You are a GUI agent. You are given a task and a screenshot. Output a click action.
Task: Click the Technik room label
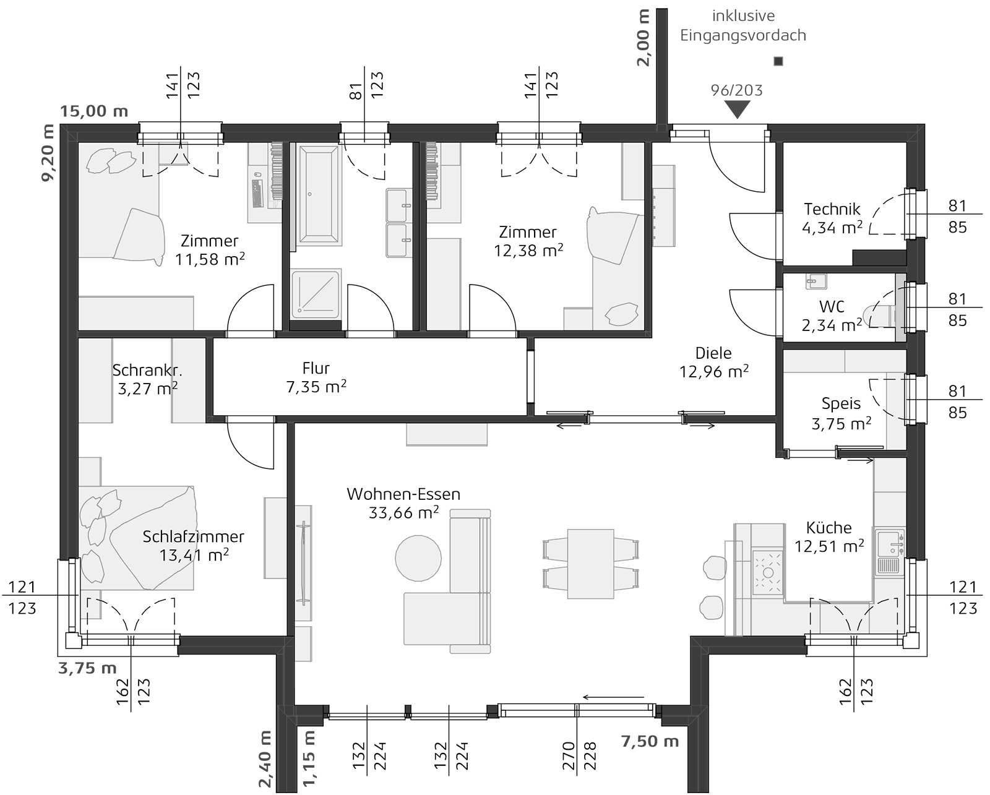832,209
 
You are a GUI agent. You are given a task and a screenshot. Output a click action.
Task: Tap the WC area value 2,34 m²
832,325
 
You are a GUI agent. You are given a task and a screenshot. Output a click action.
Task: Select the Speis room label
841,403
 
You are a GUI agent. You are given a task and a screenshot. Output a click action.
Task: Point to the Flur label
316,368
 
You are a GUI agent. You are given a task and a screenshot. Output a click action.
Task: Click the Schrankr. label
147,370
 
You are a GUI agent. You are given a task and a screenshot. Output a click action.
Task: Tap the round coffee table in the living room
418,557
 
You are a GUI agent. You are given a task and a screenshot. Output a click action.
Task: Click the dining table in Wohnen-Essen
590,564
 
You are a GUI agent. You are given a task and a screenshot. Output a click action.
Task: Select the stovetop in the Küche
767,572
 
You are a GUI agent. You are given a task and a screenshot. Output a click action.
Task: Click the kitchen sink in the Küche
890,552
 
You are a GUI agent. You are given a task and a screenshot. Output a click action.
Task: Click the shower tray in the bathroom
316,294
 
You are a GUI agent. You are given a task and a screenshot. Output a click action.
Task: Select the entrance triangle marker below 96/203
737,110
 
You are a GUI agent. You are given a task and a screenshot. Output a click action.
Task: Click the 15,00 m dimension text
94,111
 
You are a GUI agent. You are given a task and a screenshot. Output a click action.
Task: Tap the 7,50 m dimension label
650,741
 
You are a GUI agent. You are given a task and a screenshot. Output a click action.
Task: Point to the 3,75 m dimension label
87,668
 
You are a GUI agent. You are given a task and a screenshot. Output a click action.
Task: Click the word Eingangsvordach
743,35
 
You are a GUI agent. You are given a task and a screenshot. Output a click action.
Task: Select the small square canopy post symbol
778,61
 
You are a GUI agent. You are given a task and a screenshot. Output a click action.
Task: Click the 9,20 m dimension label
48,153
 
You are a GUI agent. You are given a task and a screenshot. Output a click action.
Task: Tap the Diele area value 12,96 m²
713,371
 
